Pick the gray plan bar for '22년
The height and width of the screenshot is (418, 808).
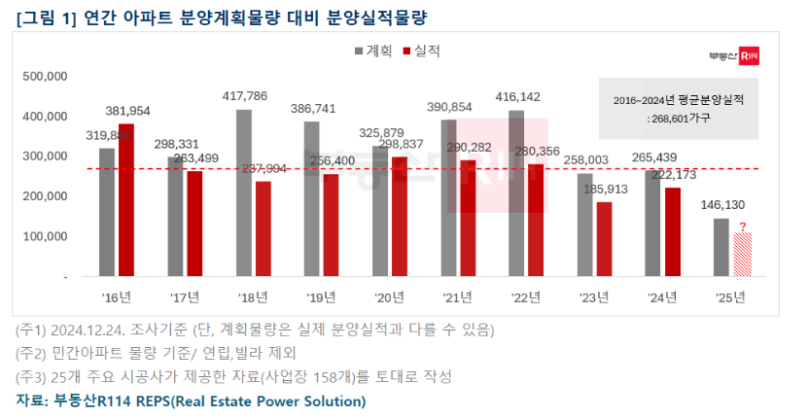pyautogui.click(x=516, y=193)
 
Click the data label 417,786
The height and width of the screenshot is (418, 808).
pyautogui.click(x=245, y=96)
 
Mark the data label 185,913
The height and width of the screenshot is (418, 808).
pyautogui.click(x=605, y=189)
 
